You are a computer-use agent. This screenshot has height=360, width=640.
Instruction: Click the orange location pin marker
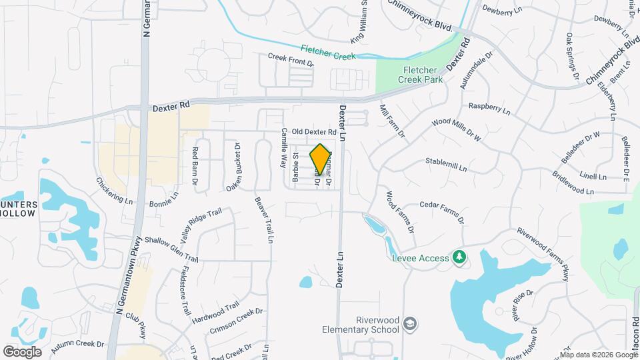point(320,159)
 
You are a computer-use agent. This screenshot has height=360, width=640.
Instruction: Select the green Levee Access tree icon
point(458,257)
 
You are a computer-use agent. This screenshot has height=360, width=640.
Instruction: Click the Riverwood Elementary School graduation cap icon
point(411,323)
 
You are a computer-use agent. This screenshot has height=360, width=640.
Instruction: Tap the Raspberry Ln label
point(489,107)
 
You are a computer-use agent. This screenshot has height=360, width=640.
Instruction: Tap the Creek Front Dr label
point(291,60)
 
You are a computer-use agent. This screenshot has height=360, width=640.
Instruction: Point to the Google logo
point(22,351)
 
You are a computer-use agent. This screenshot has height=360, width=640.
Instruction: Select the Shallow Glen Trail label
point(171,249)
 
